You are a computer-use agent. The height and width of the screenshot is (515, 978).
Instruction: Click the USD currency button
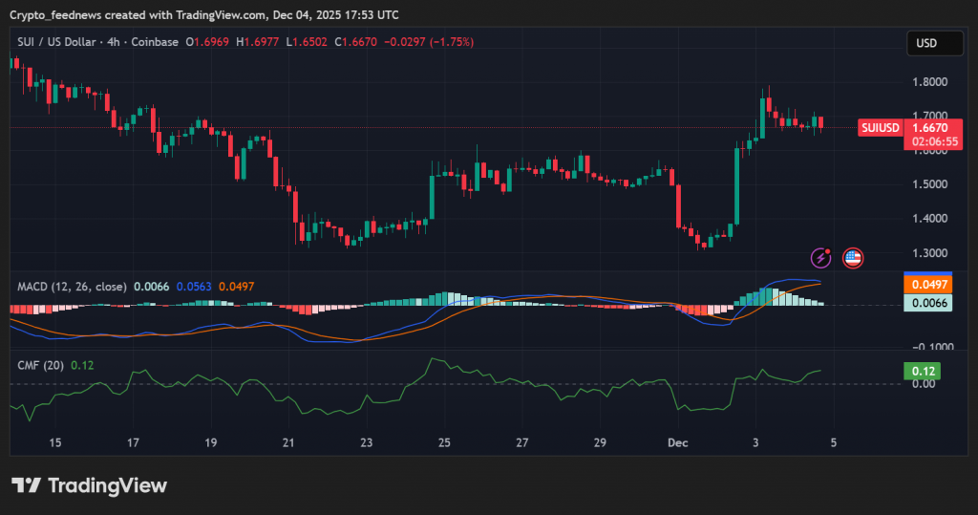(925, 43)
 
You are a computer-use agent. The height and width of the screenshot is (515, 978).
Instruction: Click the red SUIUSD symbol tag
(881, 127)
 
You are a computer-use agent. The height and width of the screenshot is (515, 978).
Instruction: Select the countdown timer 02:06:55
(935, 141)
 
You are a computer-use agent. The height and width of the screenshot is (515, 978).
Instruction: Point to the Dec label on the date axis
(677, 443)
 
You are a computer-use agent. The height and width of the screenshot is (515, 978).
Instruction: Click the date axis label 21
(289, 443)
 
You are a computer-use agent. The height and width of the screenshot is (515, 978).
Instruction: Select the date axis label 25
(444, 443)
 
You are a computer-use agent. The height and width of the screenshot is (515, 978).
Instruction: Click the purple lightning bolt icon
(820, 257)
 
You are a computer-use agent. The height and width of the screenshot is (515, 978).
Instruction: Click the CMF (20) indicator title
(40, 365)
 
